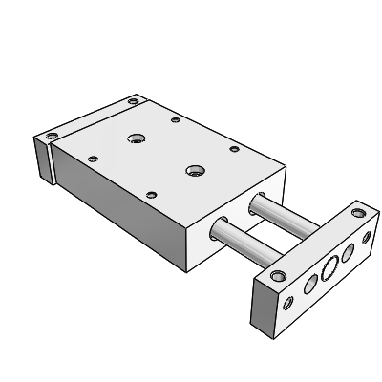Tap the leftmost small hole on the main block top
[92, 158]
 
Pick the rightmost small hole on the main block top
[233, 148]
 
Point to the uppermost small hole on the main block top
[175, 120]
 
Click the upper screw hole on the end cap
[133, 100]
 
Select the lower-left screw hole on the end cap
[53, 134]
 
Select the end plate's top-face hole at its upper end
[359, 211]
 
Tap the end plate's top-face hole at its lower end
[277, 276]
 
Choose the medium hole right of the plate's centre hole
[347, 252]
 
